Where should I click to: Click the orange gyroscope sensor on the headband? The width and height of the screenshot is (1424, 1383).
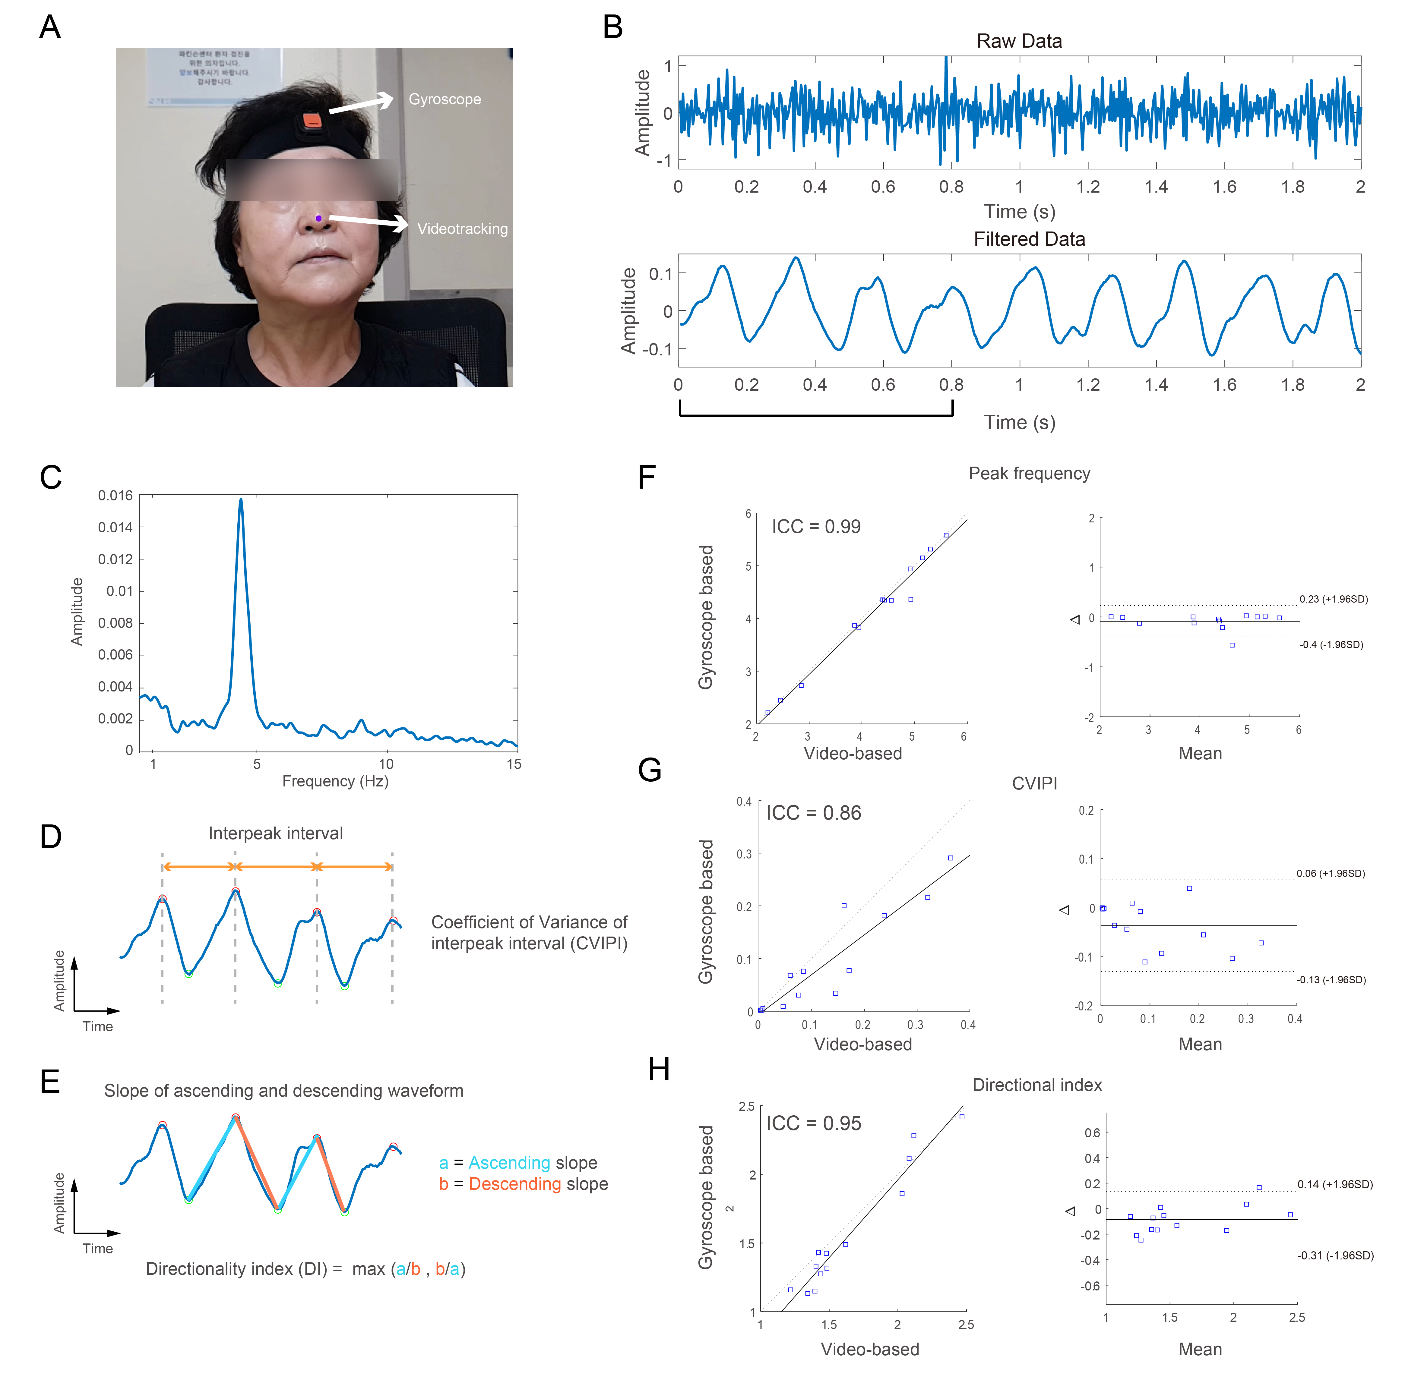click(x=312, y=121)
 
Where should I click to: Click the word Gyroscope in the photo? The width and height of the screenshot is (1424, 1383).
click(x=445, y=99)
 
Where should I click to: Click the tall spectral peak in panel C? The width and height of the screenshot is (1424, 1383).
click(x=241, y=501)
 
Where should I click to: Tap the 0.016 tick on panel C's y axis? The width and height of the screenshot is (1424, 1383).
click(x=116, y=495)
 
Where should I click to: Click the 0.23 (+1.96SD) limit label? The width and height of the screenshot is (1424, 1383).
click(x=1333, y=599)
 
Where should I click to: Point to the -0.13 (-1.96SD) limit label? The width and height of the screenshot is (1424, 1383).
click(x=1331, y=980)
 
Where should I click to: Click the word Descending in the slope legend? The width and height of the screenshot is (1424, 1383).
click(x=514, y=1184)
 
